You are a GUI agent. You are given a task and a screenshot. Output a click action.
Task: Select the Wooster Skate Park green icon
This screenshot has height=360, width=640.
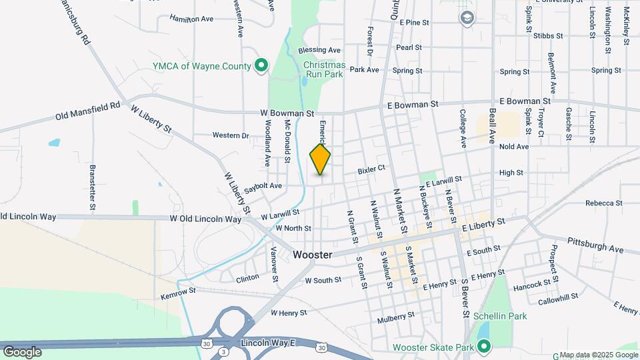pos(484,347)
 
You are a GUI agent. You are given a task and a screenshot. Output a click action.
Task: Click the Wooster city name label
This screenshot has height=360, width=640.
pos(313,255)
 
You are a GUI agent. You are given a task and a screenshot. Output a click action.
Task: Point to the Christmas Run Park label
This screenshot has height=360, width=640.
pos(324,69)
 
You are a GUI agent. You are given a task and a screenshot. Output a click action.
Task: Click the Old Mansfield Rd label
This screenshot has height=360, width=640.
pos(88,111)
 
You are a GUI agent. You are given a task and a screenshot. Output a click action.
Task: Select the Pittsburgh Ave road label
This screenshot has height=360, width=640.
pos(595,245)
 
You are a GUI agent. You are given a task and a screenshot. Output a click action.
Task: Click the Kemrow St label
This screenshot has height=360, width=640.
pos(178,291)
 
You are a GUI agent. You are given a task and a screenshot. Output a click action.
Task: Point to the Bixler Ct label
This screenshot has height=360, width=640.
pos(372,170)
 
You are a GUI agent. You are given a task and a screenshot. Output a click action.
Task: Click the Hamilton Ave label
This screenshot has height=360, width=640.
pos(191,19)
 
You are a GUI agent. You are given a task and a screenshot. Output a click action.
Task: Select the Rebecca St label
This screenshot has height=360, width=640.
pos(603,203)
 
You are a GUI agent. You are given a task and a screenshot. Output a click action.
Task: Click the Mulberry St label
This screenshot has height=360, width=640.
pos(395,319)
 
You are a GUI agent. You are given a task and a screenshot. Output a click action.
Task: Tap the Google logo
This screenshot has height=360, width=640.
pos(22,351)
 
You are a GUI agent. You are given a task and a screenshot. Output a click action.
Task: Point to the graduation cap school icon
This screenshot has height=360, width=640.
pos(468,17)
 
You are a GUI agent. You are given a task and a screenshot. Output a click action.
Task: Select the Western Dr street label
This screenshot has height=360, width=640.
pos(231,135)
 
